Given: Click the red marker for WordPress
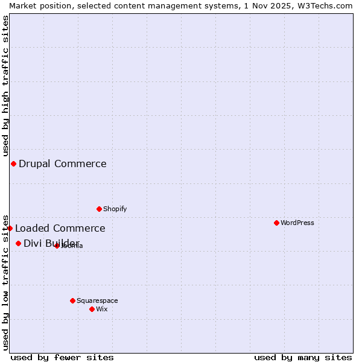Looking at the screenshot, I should [276, 223].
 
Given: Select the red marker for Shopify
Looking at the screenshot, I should [99, 209].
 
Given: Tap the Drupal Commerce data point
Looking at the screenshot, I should [13, 164].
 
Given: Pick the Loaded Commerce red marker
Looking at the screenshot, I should [10, 228].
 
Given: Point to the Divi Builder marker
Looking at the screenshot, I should [18, 243].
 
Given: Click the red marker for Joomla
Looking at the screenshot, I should [57, 246].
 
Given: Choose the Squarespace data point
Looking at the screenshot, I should [72, 300].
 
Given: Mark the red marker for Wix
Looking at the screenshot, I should [92, 309].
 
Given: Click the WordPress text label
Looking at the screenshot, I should [297, 223].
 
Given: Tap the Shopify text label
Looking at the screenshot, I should [115, 209].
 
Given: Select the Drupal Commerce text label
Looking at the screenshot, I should [63, 164].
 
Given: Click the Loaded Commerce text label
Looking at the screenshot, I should [60, 228].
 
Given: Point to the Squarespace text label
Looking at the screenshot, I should [97, 300].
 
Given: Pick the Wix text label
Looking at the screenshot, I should [101, 309].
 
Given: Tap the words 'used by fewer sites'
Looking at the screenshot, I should [62, 357].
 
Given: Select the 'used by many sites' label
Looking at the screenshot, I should [303, 357].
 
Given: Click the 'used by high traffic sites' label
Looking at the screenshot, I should [6, 86].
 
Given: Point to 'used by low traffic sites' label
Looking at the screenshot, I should [6, 282].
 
